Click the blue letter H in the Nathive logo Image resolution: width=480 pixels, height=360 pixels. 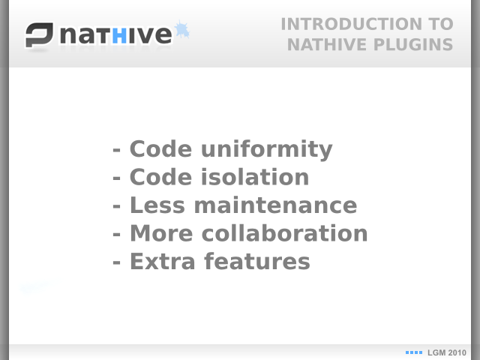click(x=119, y=36)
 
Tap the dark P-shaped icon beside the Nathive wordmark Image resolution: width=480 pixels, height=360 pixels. click(x=39, y=35)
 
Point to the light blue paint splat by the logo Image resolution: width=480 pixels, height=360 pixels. click(x=181, y=30)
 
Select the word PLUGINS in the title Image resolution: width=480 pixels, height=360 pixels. click(x=413, y=45)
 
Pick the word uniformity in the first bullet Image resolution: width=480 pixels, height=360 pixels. click(x=267, y=149)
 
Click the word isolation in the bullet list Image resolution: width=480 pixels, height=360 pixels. click(x=255, y=177)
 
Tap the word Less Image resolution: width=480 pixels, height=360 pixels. click(x=157, y=205)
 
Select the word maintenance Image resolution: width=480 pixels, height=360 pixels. click(x=275, y=205)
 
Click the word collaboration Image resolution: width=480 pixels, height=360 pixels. click(x=285, y=233)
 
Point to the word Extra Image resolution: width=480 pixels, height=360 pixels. click(x=163, y=262)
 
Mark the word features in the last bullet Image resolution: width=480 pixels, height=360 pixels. click(x=257, y=262)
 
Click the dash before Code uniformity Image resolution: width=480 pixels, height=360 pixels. click(x=116, y=150)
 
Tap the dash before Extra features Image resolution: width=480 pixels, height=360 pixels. click(x=116, y=262)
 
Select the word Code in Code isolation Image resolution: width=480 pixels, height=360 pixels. click(x=161, y=177)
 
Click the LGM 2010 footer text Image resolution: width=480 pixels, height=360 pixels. click(x=447, y=352)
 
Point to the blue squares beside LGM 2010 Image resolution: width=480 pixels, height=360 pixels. click(x=414, y=352)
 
